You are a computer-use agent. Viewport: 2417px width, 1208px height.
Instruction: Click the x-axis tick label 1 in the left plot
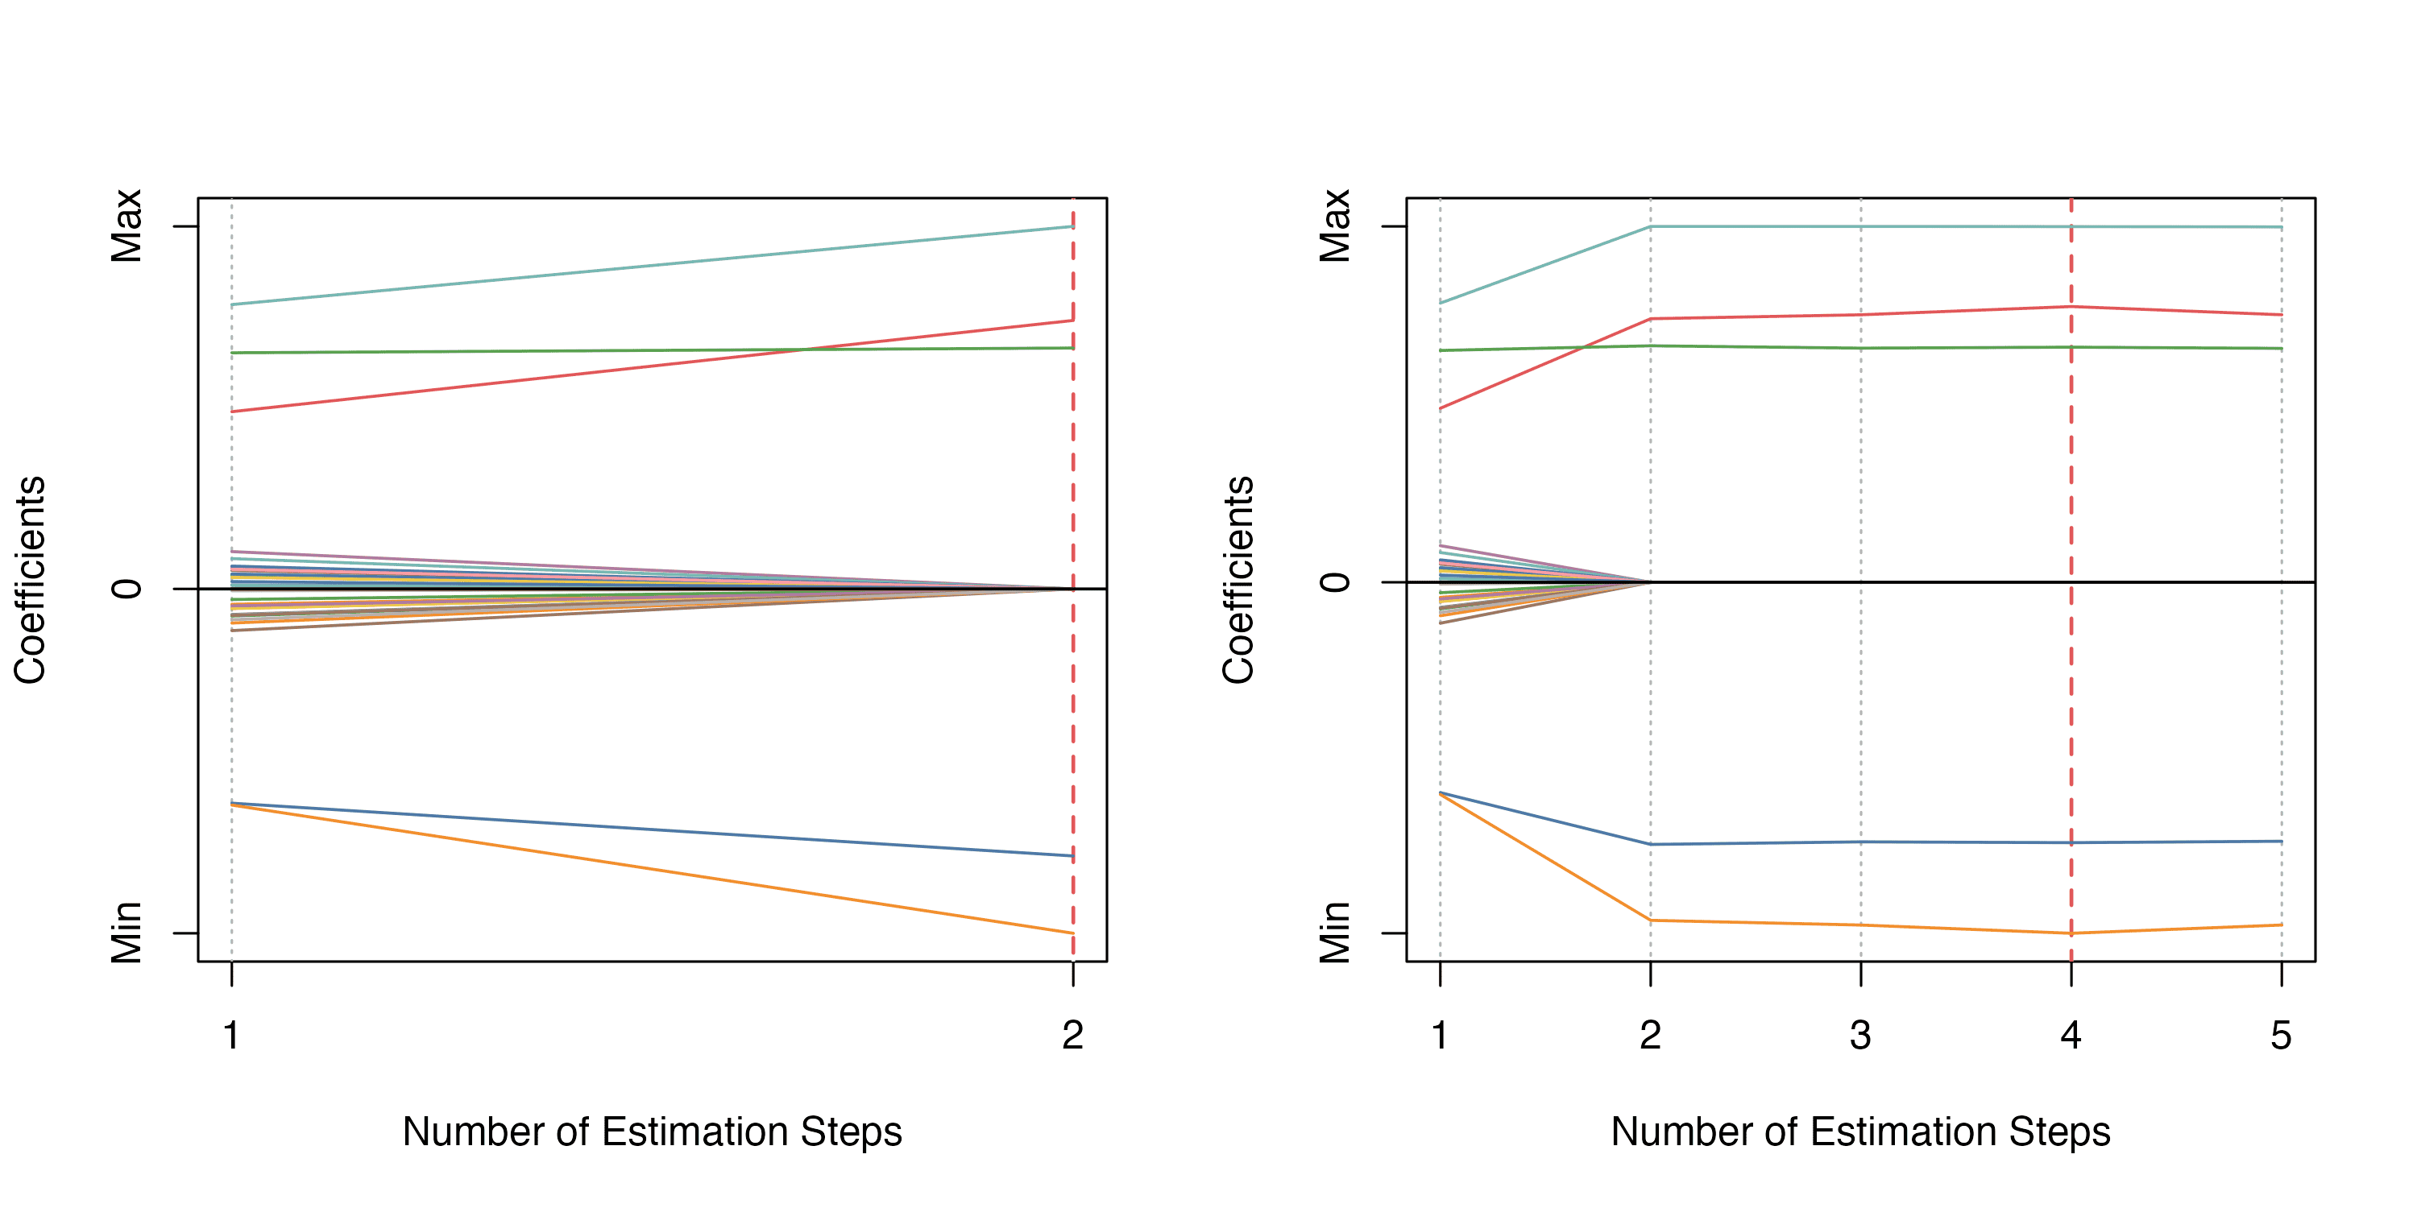coord(230,1036)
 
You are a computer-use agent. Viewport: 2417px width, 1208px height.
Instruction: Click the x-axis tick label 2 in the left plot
coord(1072,1036)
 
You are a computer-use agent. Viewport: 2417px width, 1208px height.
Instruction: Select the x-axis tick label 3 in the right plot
coord(1860,1036)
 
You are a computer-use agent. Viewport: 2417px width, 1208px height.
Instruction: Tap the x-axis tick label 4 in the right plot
coord(2071,1036)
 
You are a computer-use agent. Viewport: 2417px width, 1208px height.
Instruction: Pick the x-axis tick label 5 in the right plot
coord(2281,1036)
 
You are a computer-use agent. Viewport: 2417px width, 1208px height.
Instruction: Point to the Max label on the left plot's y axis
coord(126,226)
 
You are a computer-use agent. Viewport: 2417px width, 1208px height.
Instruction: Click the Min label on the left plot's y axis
coord(126,933)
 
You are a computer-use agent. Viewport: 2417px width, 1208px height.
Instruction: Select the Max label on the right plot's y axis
coord(1335,226)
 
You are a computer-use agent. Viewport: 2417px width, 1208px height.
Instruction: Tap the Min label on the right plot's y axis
coord(1335,933)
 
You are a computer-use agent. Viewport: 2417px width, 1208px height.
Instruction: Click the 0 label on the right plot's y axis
coord(1335,582)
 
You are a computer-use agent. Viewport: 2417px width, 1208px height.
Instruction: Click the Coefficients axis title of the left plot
coord(30,580)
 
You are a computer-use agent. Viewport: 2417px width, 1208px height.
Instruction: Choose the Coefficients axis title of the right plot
coord(1238,580)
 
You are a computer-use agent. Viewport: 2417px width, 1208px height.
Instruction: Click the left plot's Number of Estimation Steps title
coord(652,1132)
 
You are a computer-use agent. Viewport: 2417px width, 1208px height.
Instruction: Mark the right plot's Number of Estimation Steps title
coord(1860,1132)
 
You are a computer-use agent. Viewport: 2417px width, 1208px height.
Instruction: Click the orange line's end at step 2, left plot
coord(1072,933)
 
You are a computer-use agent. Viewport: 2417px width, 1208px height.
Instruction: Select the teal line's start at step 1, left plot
coord(232,304)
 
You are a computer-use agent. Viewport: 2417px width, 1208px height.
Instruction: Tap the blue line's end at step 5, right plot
coord(2281,842)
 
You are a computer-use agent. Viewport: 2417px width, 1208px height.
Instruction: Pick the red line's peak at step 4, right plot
coord(2071,307)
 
